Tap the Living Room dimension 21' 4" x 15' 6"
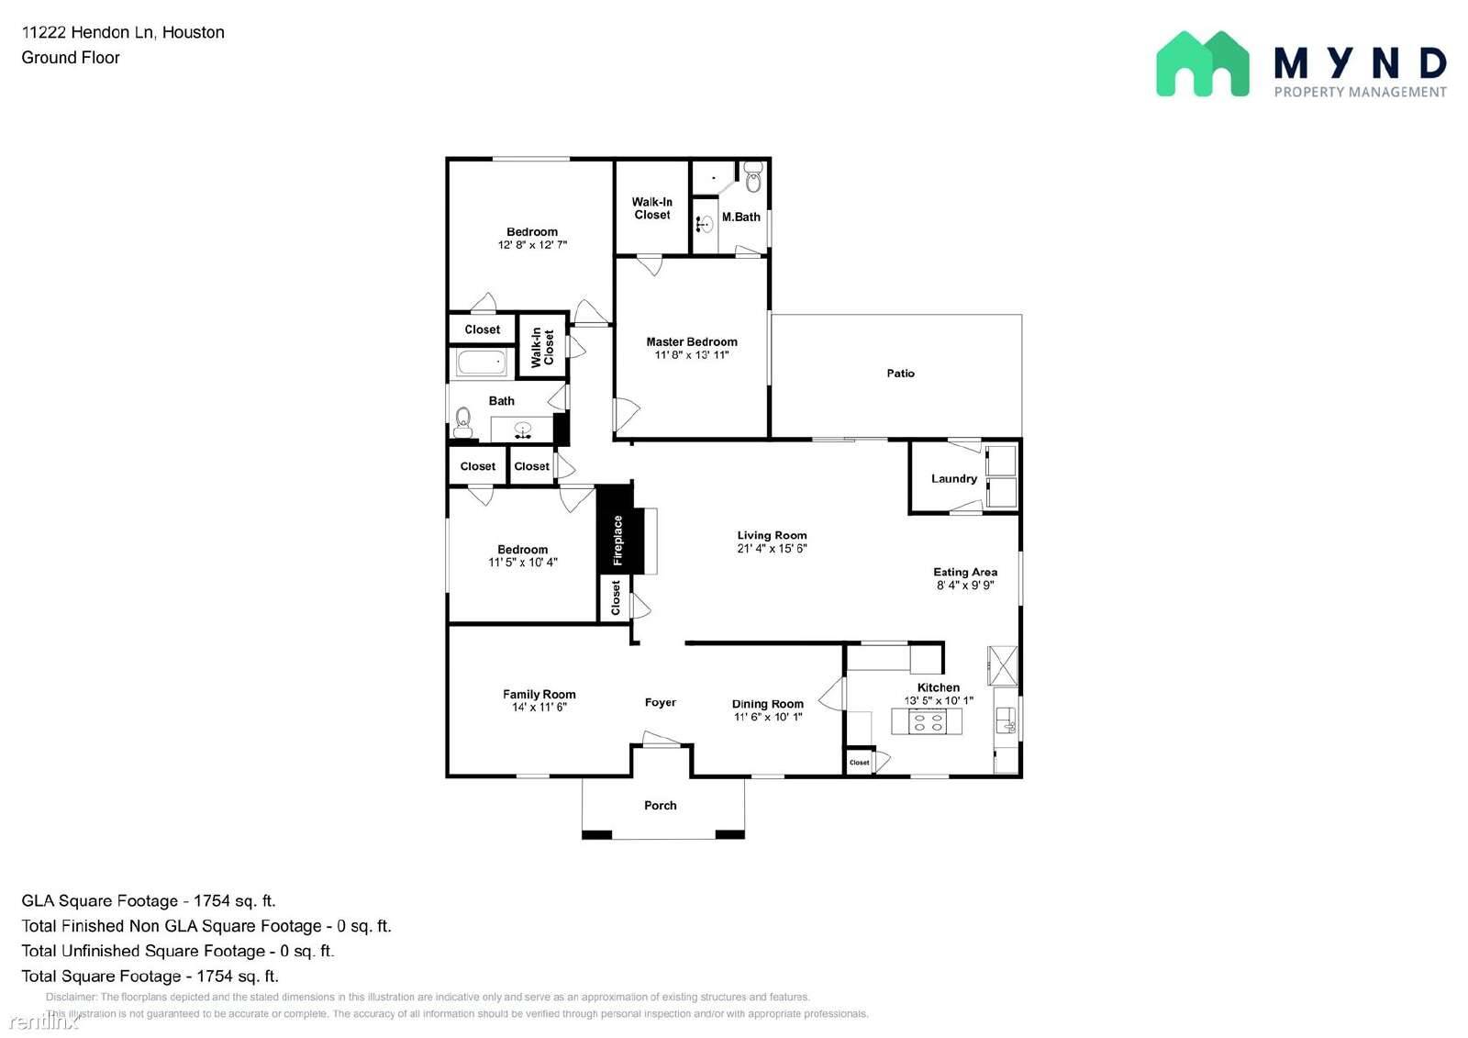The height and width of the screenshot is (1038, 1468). [x=772, y=549]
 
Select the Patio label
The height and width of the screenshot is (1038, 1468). [x=900, y=374]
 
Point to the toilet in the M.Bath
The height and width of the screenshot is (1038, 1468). [x=753, y=178]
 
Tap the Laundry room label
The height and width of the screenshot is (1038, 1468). [x=953, y=478]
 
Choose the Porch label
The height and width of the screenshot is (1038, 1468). [x=660, y=806]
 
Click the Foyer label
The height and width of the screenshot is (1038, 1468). [x=660, y=703]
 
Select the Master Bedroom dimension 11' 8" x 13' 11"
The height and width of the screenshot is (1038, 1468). [x=692, y=355]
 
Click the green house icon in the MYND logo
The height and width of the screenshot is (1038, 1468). [x=1202, y=64]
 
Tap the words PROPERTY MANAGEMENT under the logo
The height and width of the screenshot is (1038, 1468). [x=1360, y=92]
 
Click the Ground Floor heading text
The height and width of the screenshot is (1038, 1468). [x=71, y=58]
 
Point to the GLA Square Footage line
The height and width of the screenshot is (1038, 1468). [x=149, y=901]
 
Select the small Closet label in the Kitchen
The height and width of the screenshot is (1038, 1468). [x=860, y=763]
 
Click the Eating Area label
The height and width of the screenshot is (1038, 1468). [x=965, y=572]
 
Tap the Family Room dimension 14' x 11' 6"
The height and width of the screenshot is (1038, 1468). [x=539, y=708]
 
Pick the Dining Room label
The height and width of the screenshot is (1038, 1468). [x=767, y=704]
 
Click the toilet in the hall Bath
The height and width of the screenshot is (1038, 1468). [x=463, y=422]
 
